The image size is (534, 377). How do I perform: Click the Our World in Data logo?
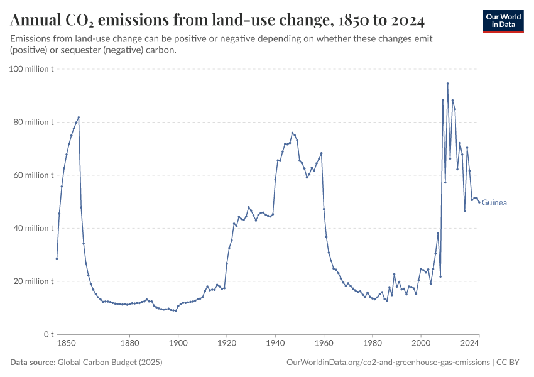tap(503, 21)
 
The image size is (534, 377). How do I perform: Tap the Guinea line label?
tap(494, 203)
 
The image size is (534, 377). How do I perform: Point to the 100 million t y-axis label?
tap(31, 68)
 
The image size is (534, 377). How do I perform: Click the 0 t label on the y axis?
tap(48, 334)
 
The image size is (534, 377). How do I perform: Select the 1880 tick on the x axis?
tap(129, 344)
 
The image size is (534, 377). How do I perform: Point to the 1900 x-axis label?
tap(178, 344)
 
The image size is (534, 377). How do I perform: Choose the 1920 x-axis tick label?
tap(227, 344)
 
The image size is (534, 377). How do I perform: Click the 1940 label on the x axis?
tap(275, 344)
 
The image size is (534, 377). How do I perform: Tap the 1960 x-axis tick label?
tap(324, 344)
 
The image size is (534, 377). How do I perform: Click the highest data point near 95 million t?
tap(447, 83)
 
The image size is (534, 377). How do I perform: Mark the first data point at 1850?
tap(57, 258)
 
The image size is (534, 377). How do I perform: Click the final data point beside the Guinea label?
tap(479, 202)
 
